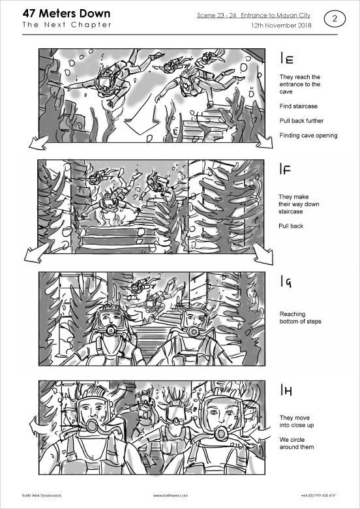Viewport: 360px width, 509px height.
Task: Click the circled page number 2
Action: (x=335, y=19)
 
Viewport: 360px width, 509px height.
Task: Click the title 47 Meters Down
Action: (x=67, y=14)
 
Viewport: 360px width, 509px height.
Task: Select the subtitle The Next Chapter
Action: (x=67, y=25)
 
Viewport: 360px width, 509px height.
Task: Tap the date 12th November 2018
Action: (x=281, y=25)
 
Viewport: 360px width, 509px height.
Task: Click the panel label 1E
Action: (x=287, y=59)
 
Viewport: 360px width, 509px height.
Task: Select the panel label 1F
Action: (x=286, y=169)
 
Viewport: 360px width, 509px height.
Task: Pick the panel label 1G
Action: (x=286, y=281)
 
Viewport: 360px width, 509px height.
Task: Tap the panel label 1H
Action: (x=286, y=390)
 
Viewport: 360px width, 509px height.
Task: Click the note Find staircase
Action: (x=299, y=106)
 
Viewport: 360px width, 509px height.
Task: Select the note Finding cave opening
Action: (x=308, y=135)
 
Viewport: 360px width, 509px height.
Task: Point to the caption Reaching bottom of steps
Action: (x=300, y=318)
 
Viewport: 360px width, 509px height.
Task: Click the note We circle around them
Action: (x=297, y=443)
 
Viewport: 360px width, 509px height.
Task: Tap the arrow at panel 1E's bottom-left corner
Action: (x=38, y=143)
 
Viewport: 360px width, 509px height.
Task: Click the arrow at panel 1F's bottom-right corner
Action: (x=263, y=254)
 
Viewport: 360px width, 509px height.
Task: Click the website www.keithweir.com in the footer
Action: (x=171, y=495)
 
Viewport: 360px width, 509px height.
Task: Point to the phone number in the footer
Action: (x=318, y=495)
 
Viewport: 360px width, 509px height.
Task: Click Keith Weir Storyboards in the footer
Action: (x=42, y=495)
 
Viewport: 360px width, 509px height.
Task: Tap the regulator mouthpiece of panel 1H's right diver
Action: (x=221, y=433)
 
